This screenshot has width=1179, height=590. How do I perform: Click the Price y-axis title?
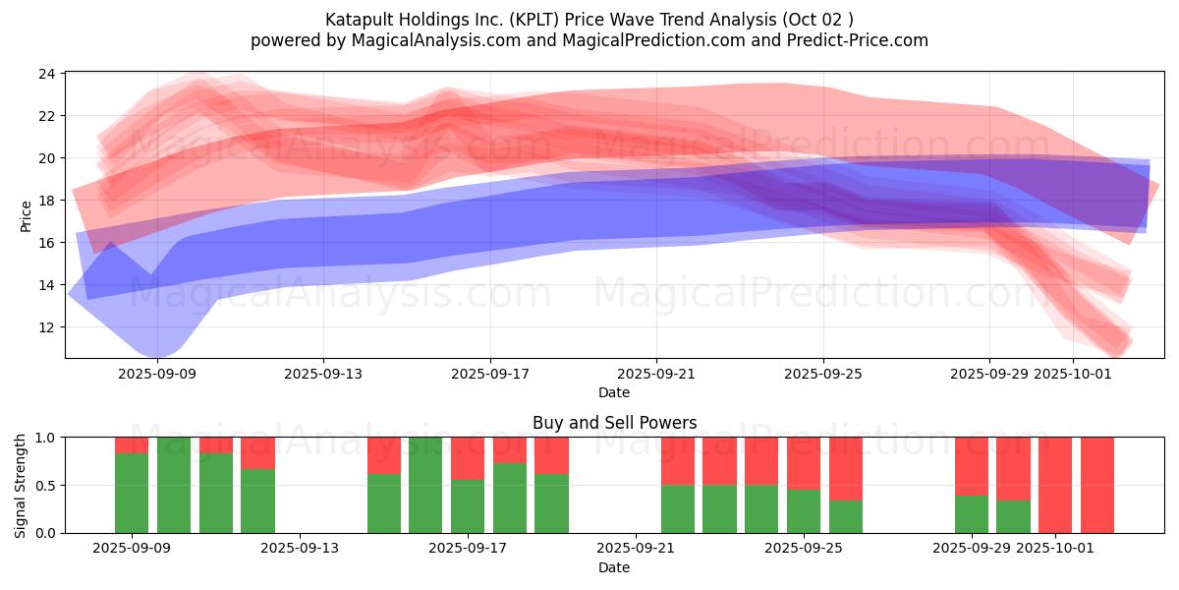[26, 214]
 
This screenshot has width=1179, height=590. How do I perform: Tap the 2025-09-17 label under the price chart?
[490, 374]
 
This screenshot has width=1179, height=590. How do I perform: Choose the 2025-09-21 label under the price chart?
[656, 374]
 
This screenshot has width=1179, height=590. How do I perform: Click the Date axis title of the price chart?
[614, 392]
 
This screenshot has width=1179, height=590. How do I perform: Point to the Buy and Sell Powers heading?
[614, 423]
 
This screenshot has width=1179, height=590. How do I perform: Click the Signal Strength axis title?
[21, 484]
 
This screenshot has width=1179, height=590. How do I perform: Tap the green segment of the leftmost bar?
[132, 494]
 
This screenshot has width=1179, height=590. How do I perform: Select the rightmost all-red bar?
[1097, 485]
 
